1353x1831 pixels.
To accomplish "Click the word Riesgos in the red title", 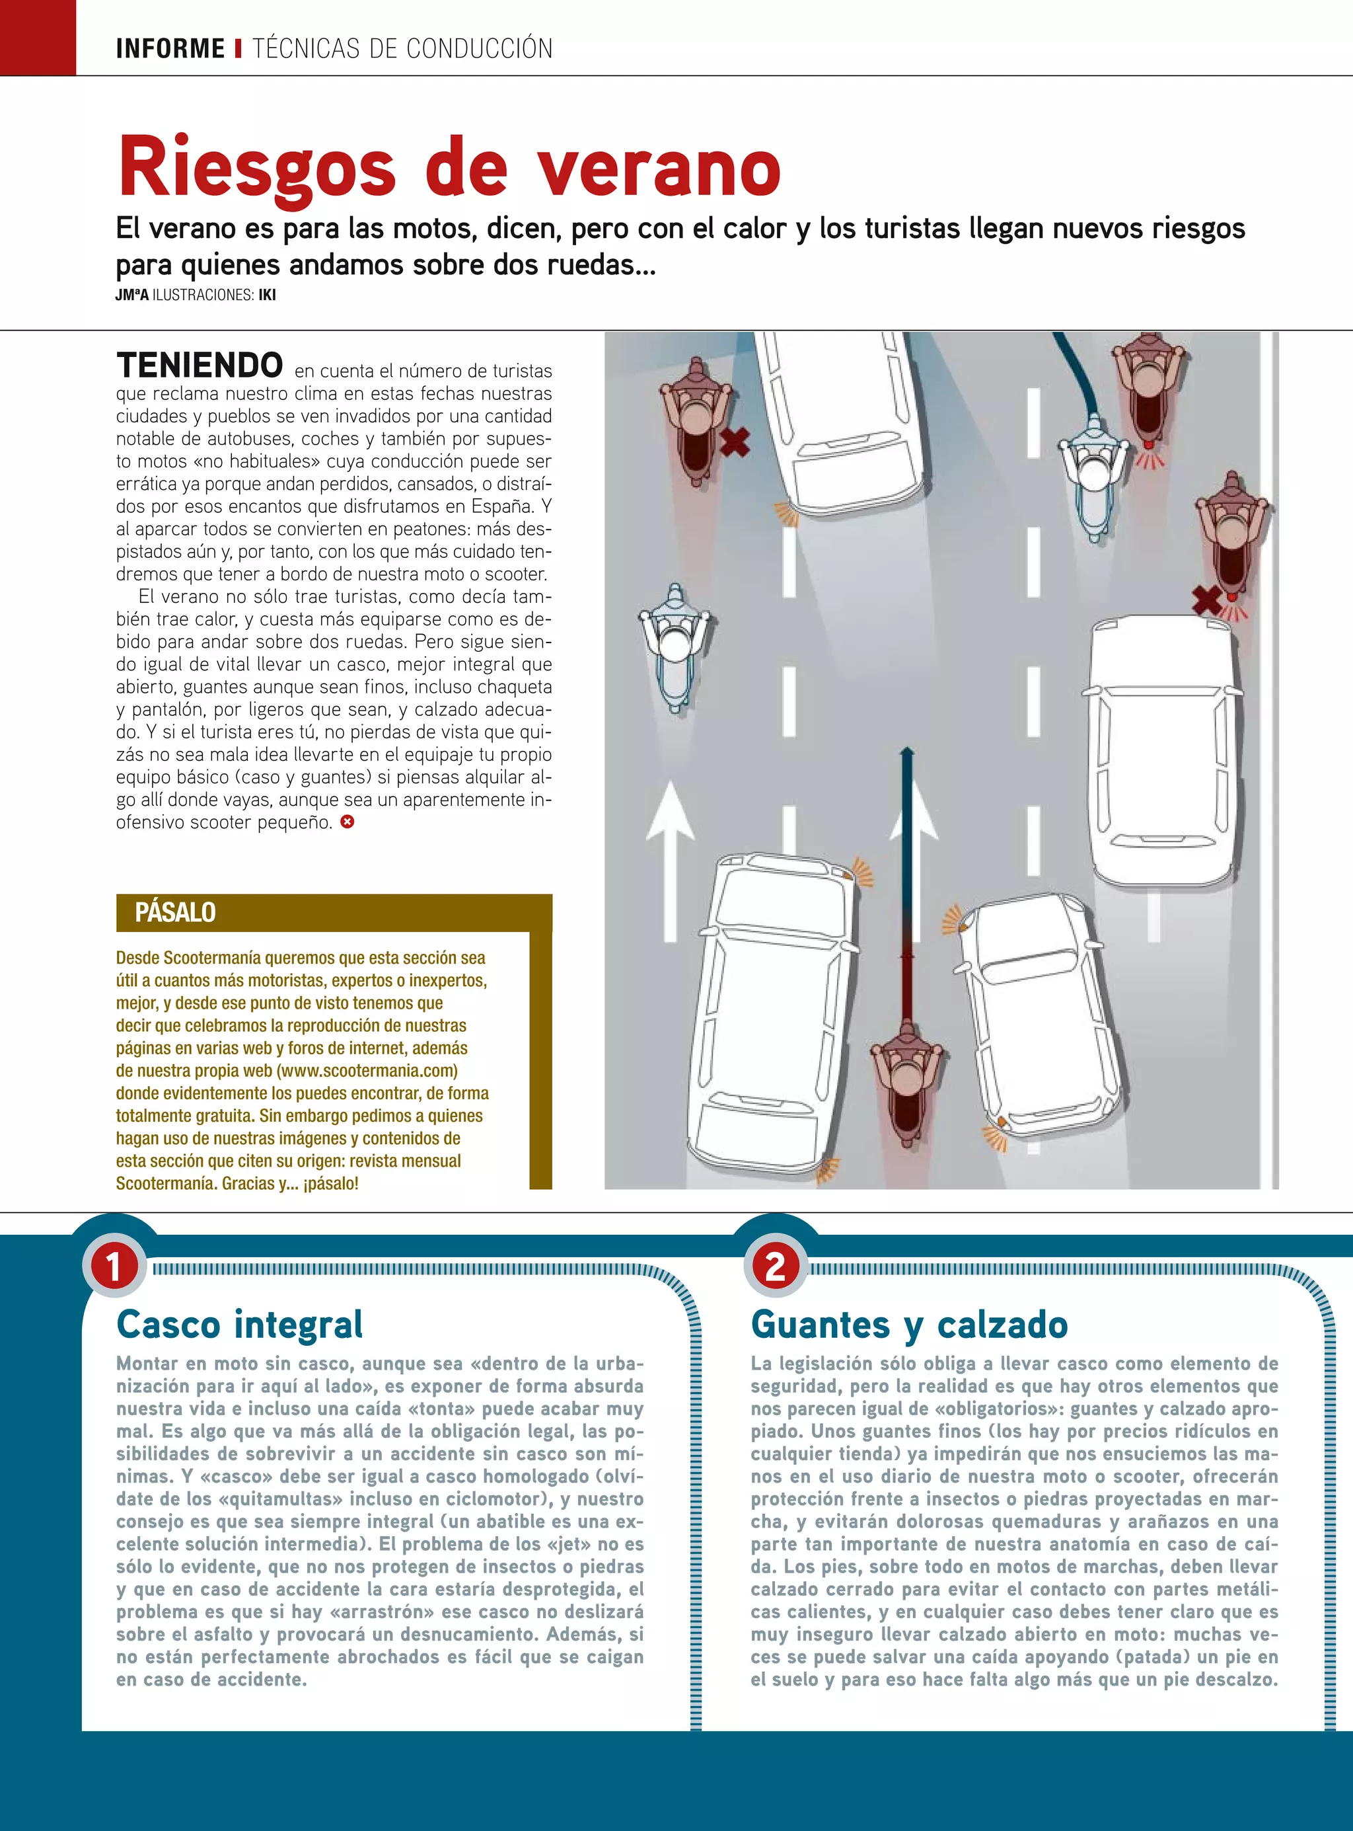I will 257,168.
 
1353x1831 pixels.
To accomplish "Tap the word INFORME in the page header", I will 170,49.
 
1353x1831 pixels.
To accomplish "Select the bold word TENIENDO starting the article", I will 200,365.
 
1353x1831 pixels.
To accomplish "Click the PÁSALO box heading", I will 175,912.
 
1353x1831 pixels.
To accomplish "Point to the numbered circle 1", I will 113,1265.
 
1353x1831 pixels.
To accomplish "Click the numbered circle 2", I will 775,1265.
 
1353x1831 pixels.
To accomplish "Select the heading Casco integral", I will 239,1324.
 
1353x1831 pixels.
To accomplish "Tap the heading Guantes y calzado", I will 909,1324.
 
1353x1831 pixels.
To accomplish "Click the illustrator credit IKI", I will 267,295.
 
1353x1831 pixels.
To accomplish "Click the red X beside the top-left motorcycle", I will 735,442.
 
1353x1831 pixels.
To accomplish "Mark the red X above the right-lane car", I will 1206,599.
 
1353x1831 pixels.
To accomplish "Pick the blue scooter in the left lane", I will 674,647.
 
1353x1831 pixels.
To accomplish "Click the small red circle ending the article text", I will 347,822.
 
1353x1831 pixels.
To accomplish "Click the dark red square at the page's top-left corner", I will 38,38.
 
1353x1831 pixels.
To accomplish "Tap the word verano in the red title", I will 659,168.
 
